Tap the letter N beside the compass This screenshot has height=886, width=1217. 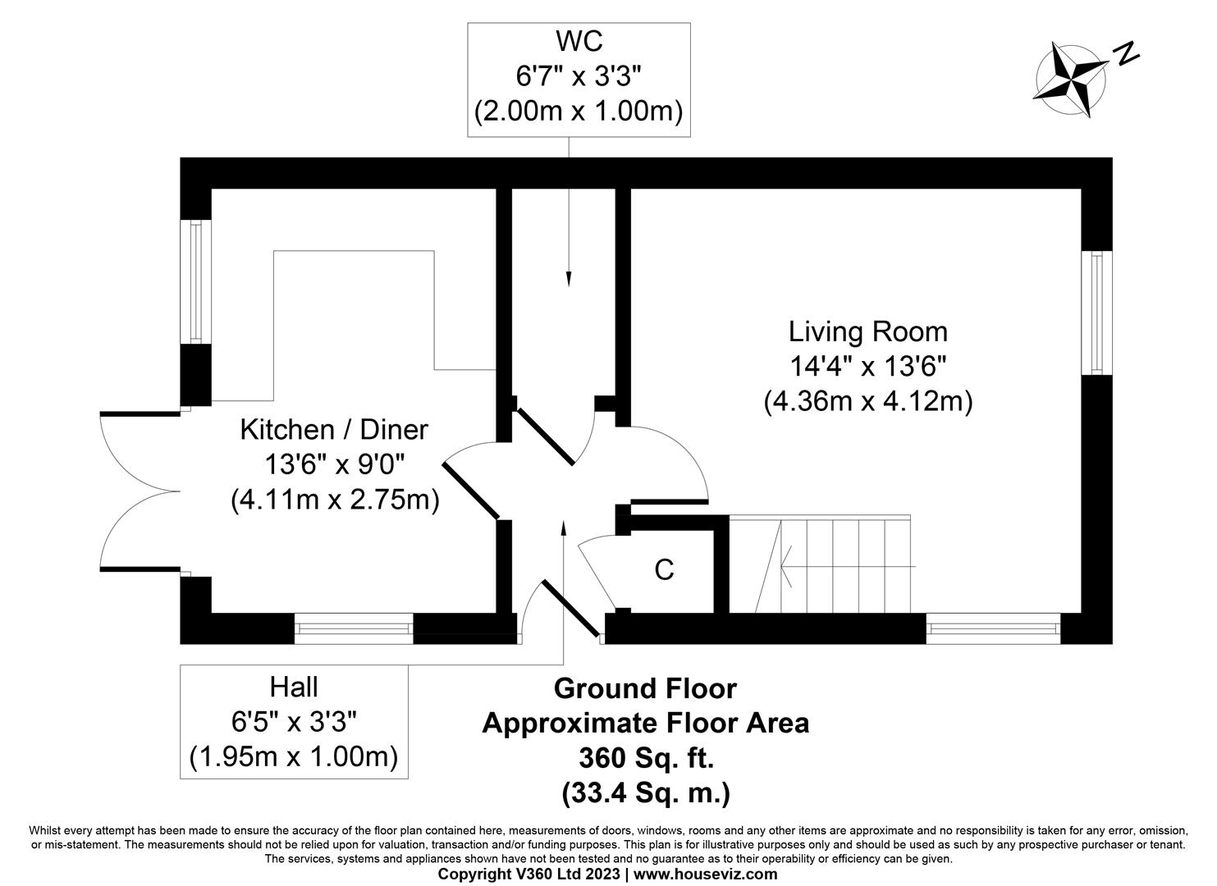point(1127,54)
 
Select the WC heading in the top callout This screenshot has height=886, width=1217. point(578,40)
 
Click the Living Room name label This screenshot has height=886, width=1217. point(867,331)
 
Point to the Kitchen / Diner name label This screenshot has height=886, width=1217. point(334,429)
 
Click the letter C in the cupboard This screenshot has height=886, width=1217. point(664,569)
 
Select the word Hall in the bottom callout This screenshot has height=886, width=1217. point(293,686)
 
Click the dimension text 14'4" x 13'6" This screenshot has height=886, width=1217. point(867,367)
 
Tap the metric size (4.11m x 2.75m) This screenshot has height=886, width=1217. point(335,499)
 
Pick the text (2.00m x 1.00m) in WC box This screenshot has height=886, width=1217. point(579,111)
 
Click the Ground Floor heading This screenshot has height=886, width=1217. point(645,688)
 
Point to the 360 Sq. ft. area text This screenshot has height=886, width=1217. point(645,757)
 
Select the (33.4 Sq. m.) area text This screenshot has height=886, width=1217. point(645,792)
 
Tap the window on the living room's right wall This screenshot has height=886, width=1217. point(1096,313)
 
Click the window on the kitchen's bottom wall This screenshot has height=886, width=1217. point(354,628)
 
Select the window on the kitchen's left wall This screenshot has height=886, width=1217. point(195,281)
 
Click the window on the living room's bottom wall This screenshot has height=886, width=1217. point(993,628)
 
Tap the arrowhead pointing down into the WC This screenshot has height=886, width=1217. point(568,281)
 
